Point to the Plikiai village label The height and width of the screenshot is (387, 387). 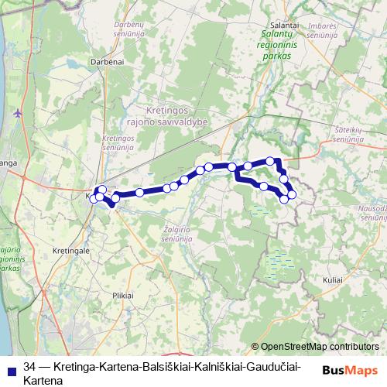[123, 295]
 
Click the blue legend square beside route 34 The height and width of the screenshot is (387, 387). [12, 368]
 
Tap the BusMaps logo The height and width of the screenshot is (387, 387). [351, 370]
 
